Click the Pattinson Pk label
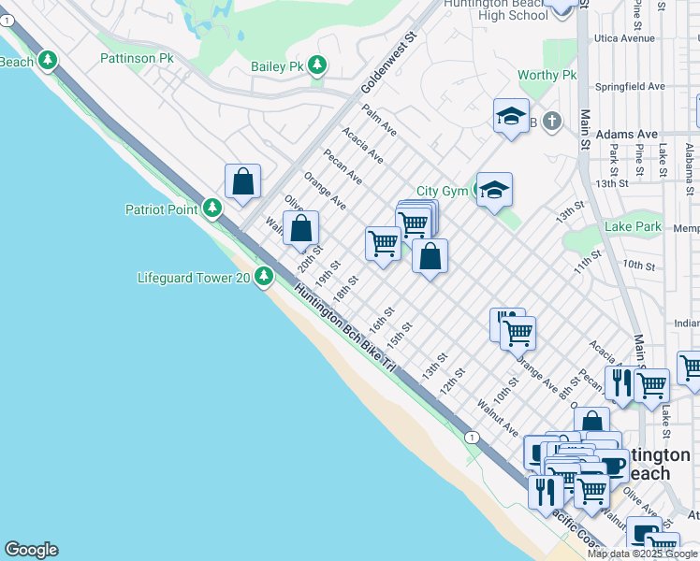tap(137, 58)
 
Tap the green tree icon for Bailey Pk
tap(318, 65)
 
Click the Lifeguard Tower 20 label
tap(194, 277)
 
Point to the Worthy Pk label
tap(547, 76)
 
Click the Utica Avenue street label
tap(624, 38)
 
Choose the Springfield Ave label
tap(630, 86)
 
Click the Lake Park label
tap(633, 227)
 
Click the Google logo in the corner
tap(31, 550)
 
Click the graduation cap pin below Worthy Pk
tap(511, 116)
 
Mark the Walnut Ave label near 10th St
tap(497, 417)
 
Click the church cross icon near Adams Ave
tap(552, 121)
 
